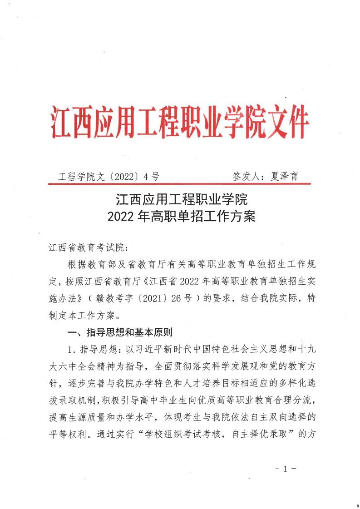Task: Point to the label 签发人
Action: (247, 177)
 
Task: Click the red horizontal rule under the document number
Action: (179, 184)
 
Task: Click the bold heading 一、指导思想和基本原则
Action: (119, 333)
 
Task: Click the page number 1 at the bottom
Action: (286, 469)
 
